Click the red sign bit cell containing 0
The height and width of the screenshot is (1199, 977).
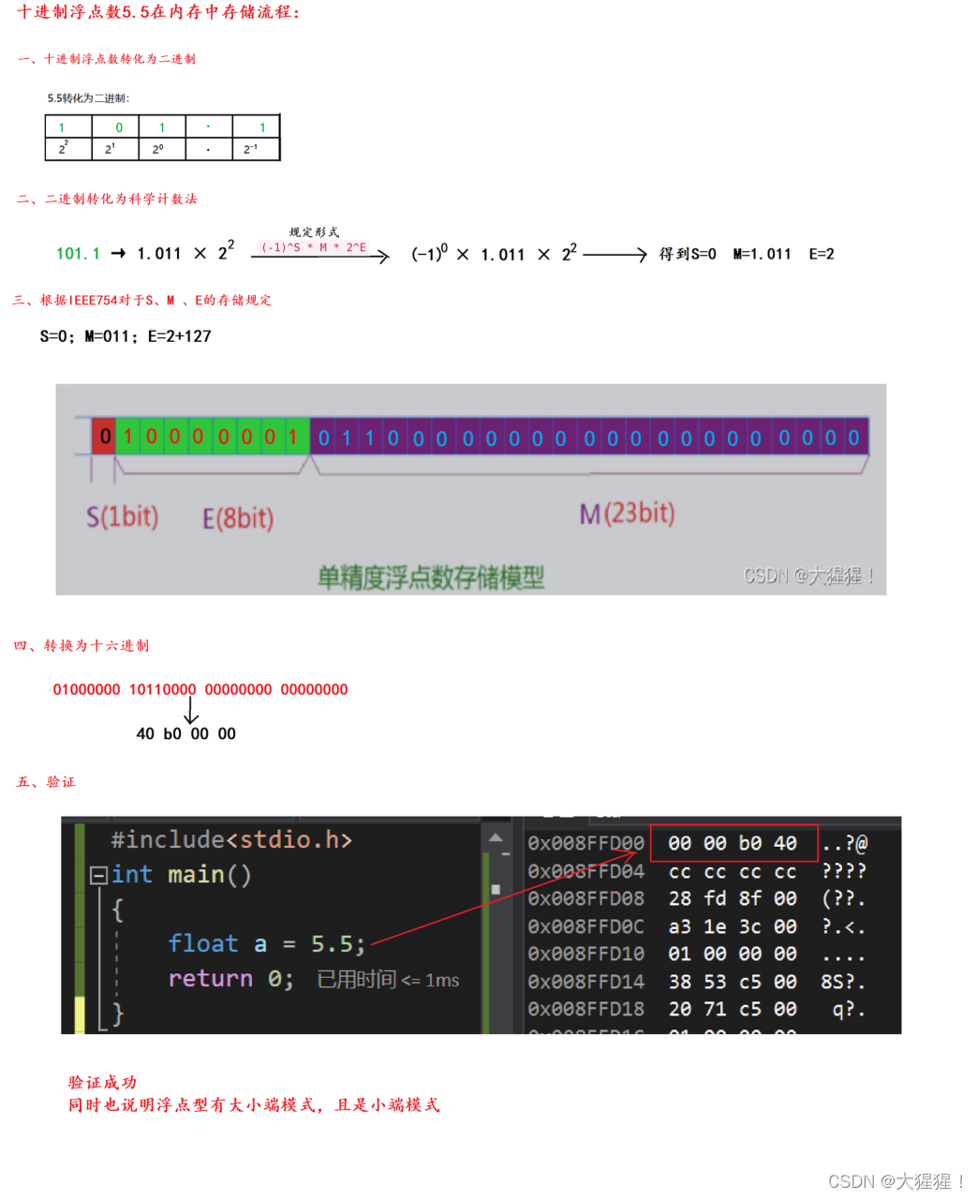pyautogui.click(x=104, y=437)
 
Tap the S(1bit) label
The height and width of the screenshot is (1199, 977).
pyautogui.click(x=123, y=516)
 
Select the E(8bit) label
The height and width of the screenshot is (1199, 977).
pyautogui.click(x=238, y=518)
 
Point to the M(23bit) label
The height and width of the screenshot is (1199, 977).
pyautogui.click(x=627, y=513)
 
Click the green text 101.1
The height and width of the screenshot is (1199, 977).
pyautogui.click(x=78, y=254)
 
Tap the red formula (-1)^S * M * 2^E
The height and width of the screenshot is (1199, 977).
pyautogui.click(x=314, y=247)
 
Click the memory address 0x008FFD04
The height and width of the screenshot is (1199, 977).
pyautogui.click(x=586, y=871)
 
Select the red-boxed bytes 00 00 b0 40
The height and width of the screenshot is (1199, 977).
pyautogui.click(x=733, y=843)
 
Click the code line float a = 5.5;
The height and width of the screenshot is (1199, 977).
pyautogui.click(x=266, y=943)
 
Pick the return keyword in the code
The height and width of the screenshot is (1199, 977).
pyautogui.click(x=210, y=979)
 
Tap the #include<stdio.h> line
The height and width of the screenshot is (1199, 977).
pyautogui.click(x=231, y=839)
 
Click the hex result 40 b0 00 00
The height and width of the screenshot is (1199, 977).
pyautogui.click(x=185, y=733)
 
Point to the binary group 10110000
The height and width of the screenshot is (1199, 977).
pyautogui.click(x=162, y=689)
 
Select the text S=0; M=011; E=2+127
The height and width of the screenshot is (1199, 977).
pyautogui.click(x=126, y=336)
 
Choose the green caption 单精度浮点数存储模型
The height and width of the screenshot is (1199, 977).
pyautogui.click(x=431, y=577)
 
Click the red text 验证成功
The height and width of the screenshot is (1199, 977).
pyautogui.click(x=102, y=1082)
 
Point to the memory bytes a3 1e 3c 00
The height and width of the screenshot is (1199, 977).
pyautogui.click(x=733, y=926)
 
